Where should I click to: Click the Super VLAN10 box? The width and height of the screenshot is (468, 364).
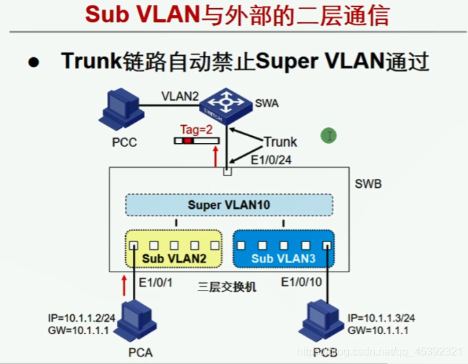tap(229, 205)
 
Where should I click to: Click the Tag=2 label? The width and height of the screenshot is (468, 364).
tap(197, 129)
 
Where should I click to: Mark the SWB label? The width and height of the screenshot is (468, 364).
tap(369, 184)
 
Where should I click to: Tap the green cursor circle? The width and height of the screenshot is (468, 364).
tap(329, 136)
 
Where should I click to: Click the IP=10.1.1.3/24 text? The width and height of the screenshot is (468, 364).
tap(381, 318)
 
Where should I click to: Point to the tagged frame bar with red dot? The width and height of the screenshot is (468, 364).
tap(196, 141)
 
